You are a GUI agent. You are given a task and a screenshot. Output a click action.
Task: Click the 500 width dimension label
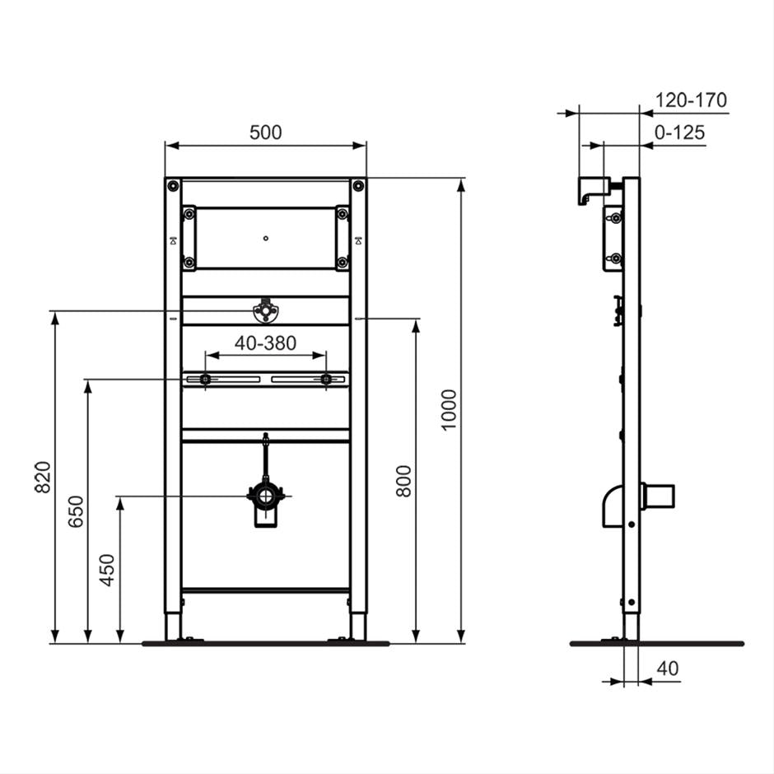coord(265,133)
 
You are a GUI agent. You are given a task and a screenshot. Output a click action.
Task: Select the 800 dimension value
coord(403,480)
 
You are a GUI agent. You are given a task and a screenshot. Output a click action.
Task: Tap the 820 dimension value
coord(43,478)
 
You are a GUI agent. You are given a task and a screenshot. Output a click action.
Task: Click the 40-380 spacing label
coord(265,343)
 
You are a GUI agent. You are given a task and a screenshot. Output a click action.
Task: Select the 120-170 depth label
coord(691,100)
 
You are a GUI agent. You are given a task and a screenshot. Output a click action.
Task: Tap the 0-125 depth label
coord(680,133)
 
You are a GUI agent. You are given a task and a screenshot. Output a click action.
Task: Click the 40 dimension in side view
coord(668,669)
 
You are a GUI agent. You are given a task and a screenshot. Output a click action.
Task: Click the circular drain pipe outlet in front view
coord(265,497)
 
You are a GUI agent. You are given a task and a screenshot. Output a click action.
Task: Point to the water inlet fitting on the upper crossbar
coord(265,311)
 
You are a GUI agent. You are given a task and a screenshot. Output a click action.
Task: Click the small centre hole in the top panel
coord(265,239)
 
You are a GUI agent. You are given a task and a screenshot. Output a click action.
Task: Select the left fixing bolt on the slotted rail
coord(204,379)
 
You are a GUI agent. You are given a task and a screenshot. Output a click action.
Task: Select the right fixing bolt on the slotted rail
coord(327,379)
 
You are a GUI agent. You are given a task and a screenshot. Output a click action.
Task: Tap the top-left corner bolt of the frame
coord(173,186)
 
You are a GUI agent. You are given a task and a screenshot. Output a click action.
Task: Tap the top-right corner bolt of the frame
coord(357,186)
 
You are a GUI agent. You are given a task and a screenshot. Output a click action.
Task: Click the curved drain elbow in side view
coord(612,503)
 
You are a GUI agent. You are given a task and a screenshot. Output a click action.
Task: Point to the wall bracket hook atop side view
coord(590,190)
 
